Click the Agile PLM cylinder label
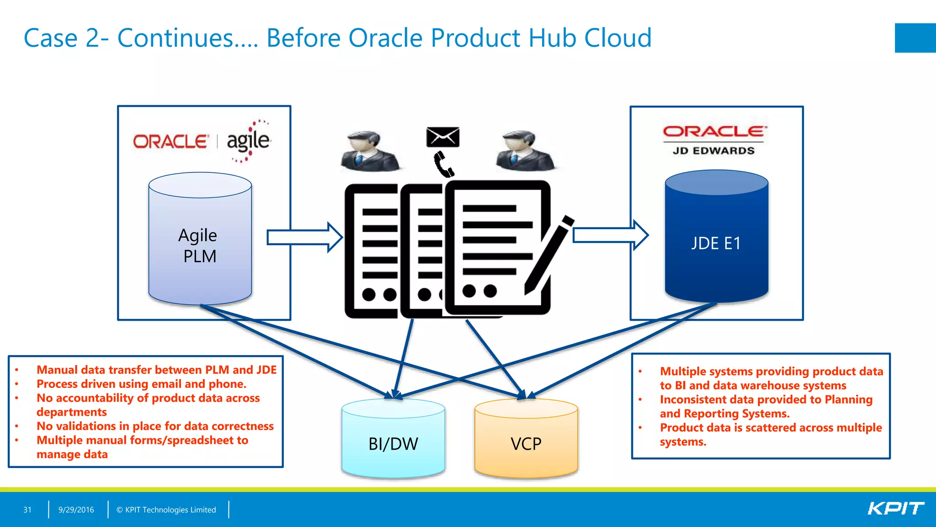tap(198, 246)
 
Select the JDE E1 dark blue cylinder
tap(716, 242)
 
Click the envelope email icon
tap(442, 137)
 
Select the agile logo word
tap(248, 140)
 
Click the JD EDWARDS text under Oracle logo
tap(713, 151)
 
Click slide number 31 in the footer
tap(27, 510)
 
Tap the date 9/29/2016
tap(76, 510)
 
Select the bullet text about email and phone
tap(141, 384)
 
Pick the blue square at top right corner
tap(915, 38)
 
